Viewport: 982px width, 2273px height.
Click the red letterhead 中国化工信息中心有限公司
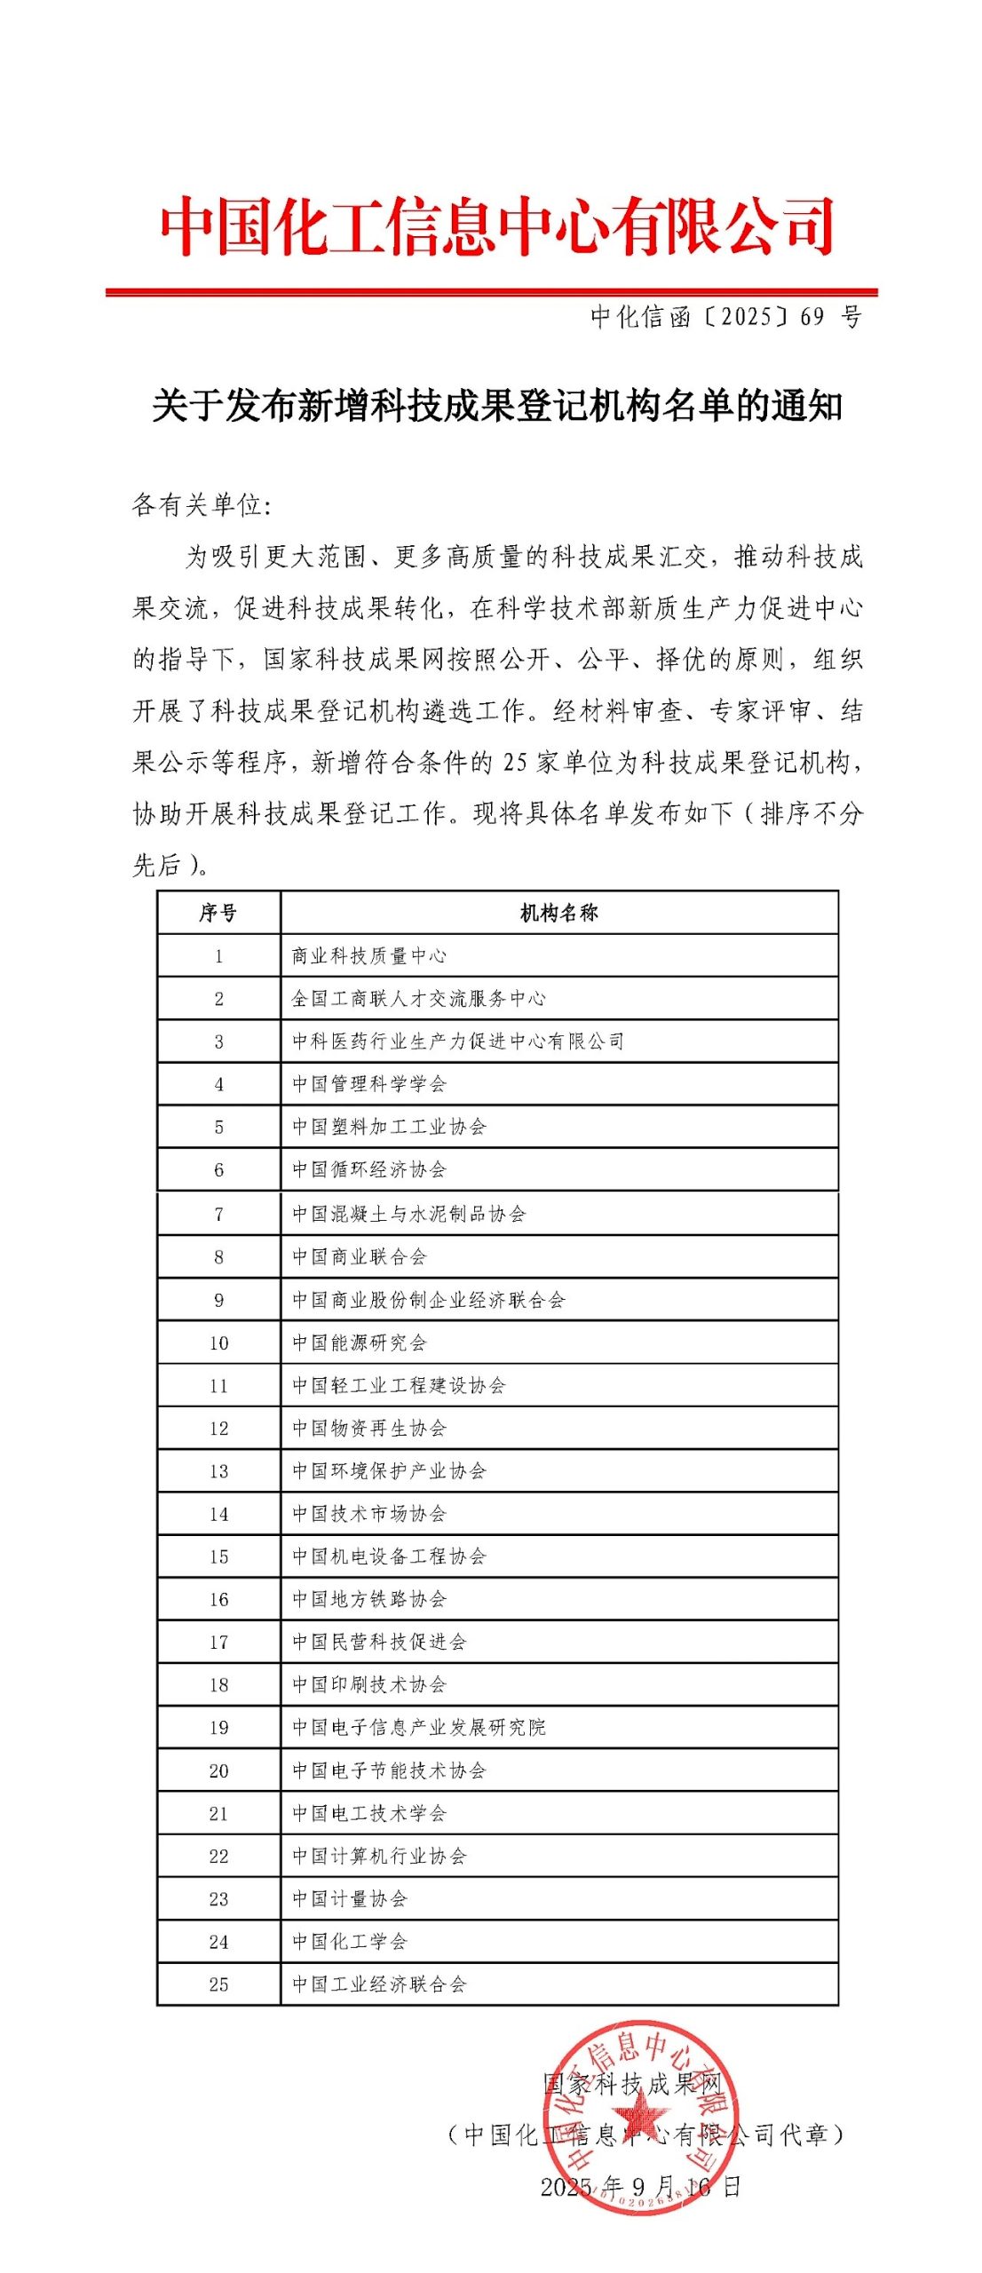coord(496,226)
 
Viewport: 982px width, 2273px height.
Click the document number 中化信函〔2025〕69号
coord(725,317)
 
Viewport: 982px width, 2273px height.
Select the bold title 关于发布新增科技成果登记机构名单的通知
coord(496,406)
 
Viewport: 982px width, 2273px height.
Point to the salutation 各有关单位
coord(201,505)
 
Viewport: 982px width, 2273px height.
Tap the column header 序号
coord(218,913)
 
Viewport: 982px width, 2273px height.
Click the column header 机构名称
coord(558,913)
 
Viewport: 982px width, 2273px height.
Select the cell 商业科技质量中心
coord(369,955)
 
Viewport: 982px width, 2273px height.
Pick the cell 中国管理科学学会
coord(369,1083)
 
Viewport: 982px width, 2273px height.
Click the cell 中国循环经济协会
coord(369,1169)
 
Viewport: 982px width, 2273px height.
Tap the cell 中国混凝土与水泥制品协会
coord(409,1213)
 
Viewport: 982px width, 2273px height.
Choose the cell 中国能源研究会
coord(360,1342)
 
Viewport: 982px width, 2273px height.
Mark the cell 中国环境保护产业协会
coord(389,1471)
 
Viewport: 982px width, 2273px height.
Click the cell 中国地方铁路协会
coord(369,1599)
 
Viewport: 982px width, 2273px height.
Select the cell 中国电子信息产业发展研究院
coord(419,1728)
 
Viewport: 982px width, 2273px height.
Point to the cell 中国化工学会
coord(350,1942)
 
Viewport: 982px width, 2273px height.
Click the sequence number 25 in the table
coord(218,1984)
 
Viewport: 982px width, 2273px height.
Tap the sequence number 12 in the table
coord(218,1429)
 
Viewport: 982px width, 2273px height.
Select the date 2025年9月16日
coord(639,2186)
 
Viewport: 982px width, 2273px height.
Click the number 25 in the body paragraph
coord(515,762)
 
